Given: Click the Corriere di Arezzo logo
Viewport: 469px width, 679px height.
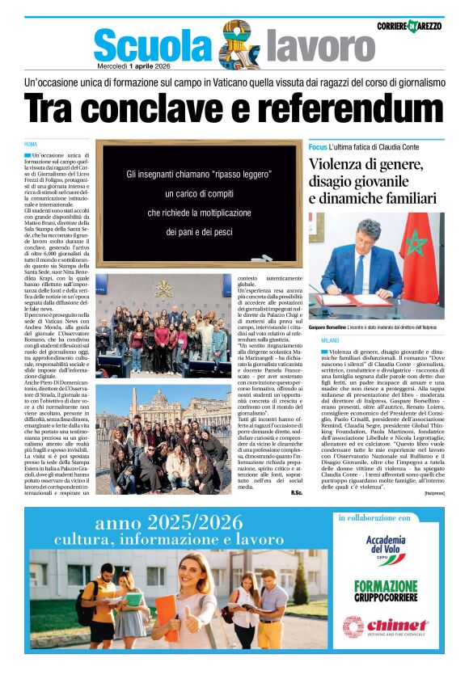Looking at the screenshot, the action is click(x=409, y=26).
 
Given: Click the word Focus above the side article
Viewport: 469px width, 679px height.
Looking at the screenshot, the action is click(x=318, y=147).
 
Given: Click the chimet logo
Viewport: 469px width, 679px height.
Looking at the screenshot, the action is click(x=386, y=626).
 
